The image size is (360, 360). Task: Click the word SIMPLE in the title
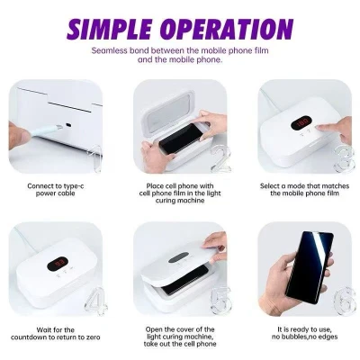pos(110,29)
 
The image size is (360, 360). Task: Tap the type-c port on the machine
pos(69,124)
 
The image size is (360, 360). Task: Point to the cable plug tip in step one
pos(59,128)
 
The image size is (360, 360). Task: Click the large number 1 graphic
pos(94,158)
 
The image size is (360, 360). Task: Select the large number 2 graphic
pos(220,159)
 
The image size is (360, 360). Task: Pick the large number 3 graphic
pos(344,159)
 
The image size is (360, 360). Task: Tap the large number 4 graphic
pos(95,301)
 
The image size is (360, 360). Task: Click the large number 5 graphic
pos(220,301)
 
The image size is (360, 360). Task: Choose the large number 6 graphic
pos(345,301)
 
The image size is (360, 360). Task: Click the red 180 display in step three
pos(301,123)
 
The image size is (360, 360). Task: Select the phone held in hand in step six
pos(310,265)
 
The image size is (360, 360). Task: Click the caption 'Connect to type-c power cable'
pos(56,190)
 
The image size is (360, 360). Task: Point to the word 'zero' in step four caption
pos(92,337)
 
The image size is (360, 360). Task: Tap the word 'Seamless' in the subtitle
pos(110,50)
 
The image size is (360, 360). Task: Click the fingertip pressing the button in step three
pos(321,129)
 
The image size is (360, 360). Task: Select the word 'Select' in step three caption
pos(270,186)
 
